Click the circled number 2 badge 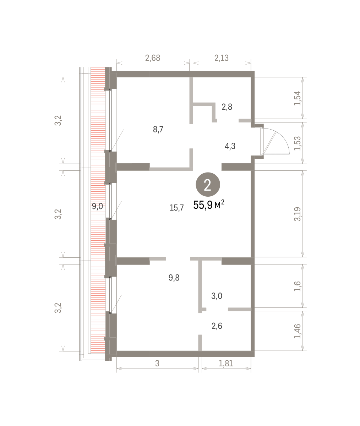pyautogui.click(x=208, y=185)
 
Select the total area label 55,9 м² pyautogui.click(x=209, y=205)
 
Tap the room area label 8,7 pyautogui.click(x=158, y=129)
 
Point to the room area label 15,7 pyautogui.click(x=177, y=208)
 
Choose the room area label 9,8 pyautogui.click(x=174, y=278)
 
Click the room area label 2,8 pyautogui.click(x=227, y=107)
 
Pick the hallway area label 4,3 pyautogui.click(x=230, y=146)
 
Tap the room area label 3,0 pyautogui.click(x=217, y=296)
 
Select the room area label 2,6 pyautogui.click(x=217, y=326)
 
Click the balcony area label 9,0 pyautogui.click(x=97, y=206)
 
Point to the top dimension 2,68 pyautogui.click(x=153, y=58)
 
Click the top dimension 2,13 pyautogui.click(x=222, y=58)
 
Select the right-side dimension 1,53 pyautogui.click(x=298, y=143)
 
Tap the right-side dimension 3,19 pyautogui.click(x=298, y=214)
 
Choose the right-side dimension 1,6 pyautogui.click(x=298, y=286)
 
